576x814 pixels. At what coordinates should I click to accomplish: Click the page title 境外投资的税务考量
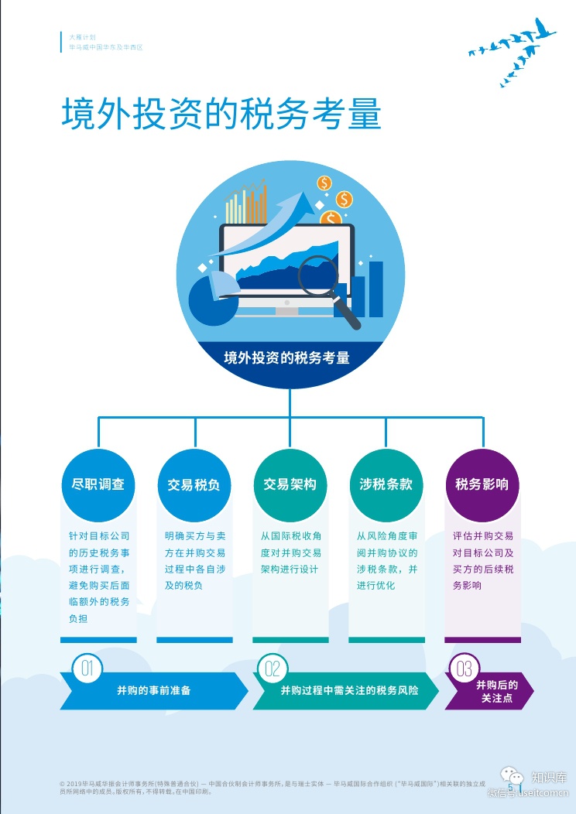[x=221, y=114]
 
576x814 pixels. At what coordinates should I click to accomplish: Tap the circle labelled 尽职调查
[x=98, y=485]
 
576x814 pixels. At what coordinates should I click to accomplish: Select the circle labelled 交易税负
[x=194, y=485]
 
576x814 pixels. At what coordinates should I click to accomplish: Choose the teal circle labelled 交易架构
[x=290, y=485]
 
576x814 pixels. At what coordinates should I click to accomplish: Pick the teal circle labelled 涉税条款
[x=386, y=485]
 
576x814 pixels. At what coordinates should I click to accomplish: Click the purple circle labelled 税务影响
[x=482, y=485]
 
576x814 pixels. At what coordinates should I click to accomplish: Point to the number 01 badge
[x=87, y=669]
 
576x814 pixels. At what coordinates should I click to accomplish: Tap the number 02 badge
[x=273, y=669]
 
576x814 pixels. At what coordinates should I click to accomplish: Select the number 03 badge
[x=465, y=669]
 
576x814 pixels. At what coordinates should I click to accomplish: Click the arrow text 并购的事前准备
[x=149, y=690]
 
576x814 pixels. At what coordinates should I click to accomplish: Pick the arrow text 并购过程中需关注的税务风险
[x=349, y=690]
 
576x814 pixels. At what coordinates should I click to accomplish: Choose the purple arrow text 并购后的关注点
[x=496, y=691]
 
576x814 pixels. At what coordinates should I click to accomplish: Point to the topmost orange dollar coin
[x=324, y=183]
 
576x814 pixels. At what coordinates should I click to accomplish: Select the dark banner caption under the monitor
[x=287, y=358]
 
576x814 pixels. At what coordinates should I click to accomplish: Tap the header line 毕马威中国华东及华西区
[x=106, y=47]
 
